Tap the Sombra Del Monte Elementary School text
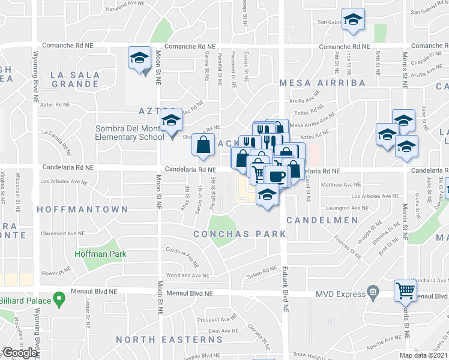[129, 133]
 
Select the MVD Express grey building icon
[373, 293]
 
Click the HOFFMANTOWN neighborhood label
[83, 209]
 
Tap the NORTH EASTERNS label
[169, 340]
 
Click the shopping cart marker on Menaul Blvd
[406, 290]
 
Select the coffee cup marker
[277, 176]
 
